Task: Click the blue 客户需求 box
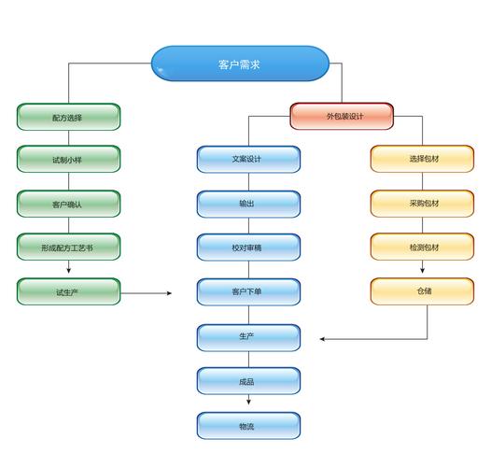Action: click(240, 64)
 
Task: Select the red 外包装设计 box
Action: click(342, 116)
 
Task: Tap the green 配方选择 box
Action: click(68, 117)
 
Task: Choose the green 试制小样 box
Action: click(68, 160)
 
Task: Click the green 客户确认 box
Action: click(68, 204)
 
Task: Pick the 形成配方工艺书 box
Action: click(68, 248)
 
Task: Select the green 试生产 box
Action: click(68, 292)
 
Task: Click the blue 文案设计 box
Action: click(248, 160)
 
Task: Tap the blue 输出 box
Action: click(248, 204)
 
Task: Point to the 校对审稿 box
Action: click(248, 248)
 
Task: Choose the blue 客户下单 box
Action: click(248, 292)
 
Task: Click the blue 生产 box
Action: click(248, 337)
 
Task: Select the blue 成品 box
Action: click(248, 381)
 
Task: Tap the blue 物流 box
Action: click(248, 426)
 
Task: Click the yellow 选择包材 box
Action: click(422, 160)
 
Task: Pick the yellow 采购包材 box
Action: click(422, 204)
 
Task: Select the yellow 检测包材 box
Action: click(422, 248)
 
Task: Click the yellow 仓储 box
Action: click(422, 292)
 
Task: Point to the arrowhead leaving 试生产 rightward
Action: click(170, 293)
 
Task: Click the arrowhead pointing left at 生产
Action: click(321, 338)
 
